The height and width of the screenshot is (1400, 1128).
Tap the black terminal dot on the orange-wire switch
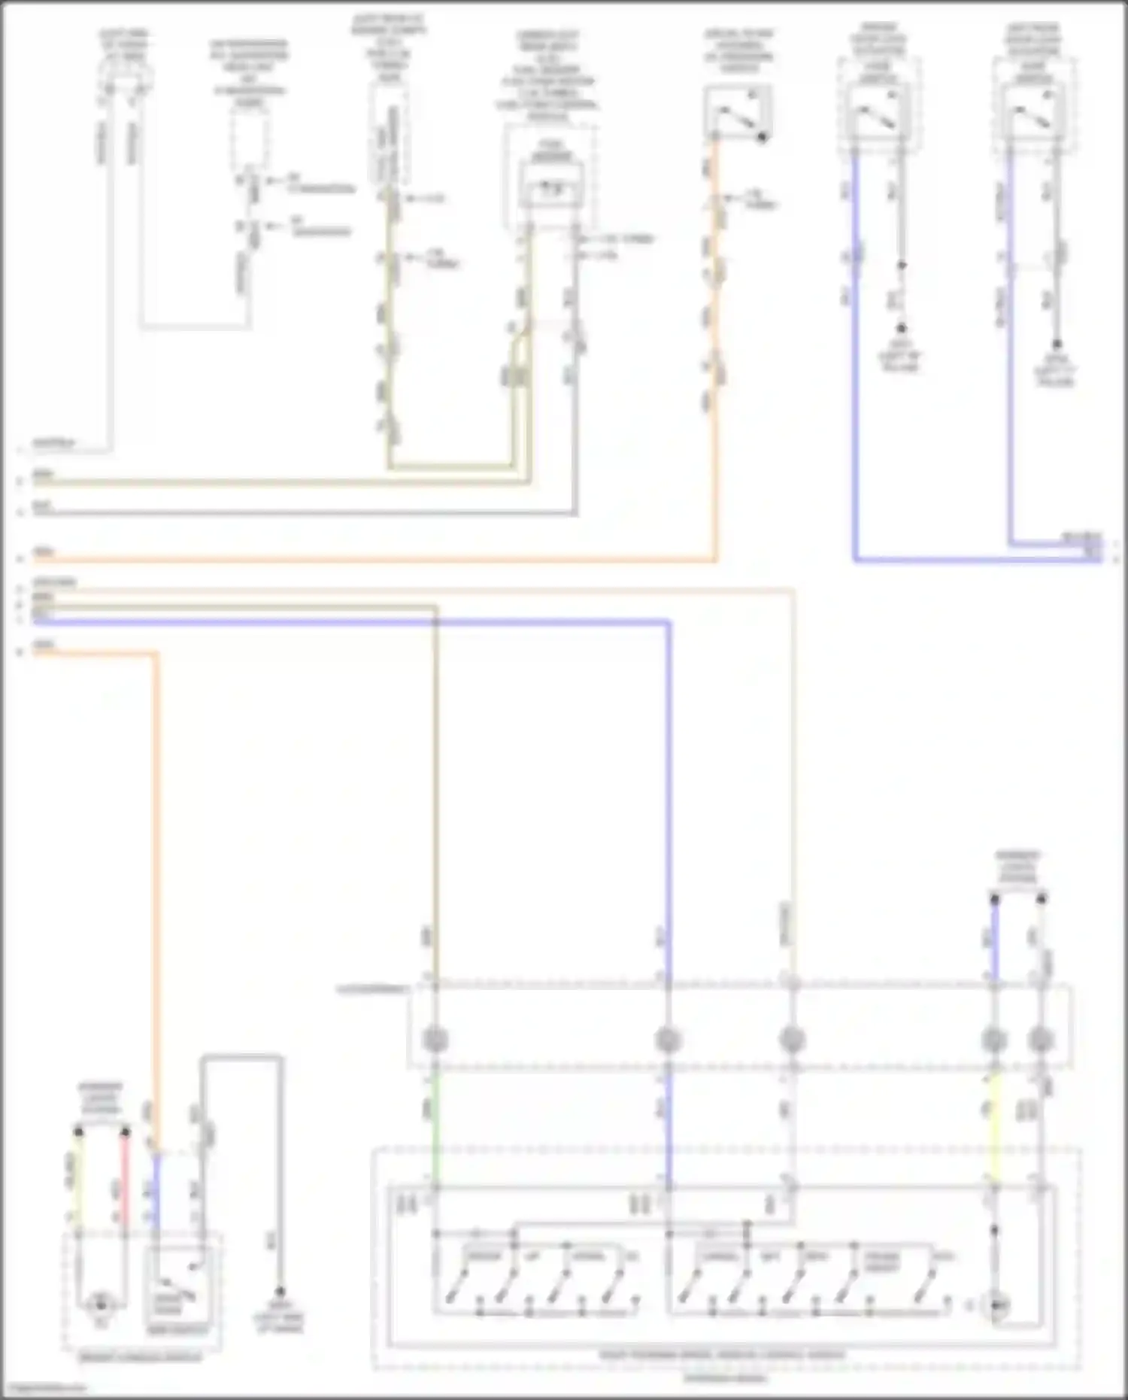(762, 138)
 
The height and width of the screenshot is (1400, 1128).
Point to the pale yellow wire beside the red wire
(77, 1174)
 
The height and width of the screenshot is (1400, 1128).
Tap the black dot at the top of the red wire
(126, 1131)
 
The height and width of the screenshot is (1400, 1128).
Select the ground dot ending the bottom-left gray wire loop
(280, 1291)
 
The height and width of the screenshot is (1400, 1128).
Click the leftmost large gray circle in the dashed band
(435, 1040)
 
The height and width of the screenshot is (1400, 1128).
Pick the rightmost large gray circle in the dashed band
(1041, 1040)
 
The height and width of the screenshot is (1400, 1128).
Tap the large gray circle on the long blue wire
(667, 1040)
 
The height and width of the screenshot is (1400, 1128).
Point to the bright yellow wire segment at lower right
(994, 1128)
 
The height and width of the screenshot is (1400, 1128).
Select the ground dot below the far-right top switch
(1057, 345)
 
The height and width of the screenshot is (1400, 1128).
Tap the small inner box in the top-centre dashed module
(553, 192)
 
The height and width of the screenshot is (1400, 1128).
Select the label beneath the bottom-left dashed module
(141, 1357)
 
